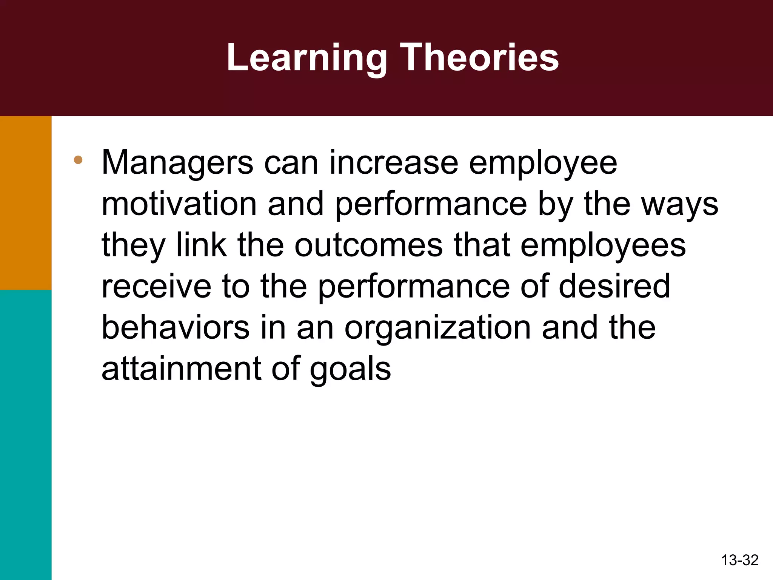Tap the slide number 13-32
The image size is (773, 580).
[x=739, y=560]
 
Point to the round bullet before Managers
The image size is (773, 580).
[x=78, y=160]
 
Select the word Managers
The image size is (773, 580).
[x=177, y=163]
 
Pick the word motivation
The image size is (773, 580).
[x=179, y=204]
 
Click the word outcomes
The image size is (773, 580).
[x=368, y=245]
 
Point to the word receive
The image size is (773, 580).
[x=156, y=287]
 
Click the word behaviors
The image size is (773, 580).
[x=176, y=328]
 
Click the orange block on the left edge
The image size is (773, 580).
[x=26, y=203]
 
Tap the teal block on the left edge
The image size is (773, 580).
[x=26, y=434]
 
